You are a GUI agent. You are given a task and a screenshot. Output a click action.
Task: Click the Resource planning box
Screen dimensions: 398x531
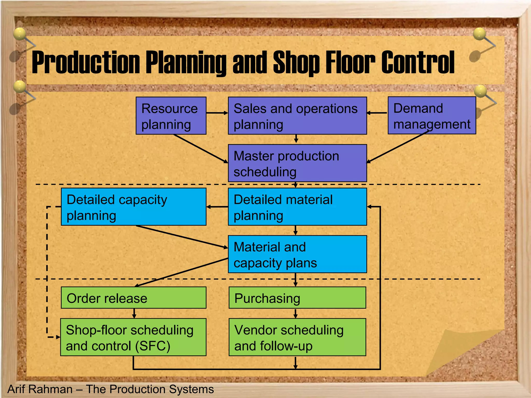(171, 116)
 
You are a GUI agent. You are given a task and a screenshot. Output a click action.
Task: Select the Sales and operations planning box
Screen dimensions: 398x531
(297, 116)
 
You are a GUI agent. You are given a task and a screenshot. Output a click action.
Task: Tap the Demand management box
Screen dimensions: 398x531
(432, 115)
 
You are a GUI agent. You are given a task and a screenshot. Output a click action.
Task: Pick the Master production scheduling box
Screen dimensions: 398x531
(297, 163)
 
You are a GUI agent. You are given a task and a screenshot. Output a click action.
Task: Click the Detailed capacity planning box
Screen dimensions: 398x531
(134, 207)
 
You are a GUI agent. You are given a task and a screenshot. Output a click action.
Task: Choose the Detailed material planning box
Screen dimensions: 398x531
(297, 207)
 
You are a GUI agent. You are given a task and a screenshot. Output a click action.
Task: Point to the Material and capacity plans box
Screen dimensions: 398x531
(297, 254)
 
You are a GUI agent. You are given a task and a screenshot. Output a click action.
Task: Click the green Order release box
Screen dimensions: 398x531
(134, 297)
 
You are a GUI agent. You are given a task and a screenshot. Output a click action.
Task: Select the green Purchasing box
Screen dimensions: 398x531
(297, 297)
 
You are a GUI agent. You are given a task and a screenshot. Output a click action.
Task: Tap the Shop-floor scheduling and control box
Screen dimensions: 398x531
(133, 337)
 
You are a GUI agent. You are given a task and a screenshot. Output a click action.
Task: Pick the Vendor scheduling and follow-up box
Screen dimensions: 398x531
(297, 337)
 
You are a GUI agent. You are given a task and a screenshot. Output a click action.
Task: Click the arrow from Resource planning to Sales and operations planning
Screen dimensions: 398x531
(217, 113)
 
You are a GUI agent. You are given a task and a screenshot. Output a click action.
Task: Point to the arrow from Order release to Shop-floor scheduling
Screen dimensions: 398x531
(134, 313)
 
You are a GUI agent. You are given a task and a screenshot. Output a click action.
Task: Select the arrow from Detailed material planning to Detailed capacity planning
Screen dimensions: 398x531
(217, 207)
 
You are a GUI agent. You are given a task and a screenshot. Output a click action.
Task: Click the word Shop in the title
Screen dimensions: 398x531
(296, 62)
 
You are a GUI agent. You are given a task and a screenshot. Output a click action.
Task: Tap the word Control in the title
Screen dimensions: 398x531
(418, 62)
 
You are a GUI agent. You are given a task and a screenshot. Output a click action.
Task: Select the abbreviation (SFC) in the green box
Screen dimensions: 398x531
(153, 346)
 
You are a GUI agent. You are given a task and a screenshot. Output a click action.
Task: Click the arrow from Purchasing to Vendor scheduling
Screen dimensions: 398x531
(296, 313)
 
